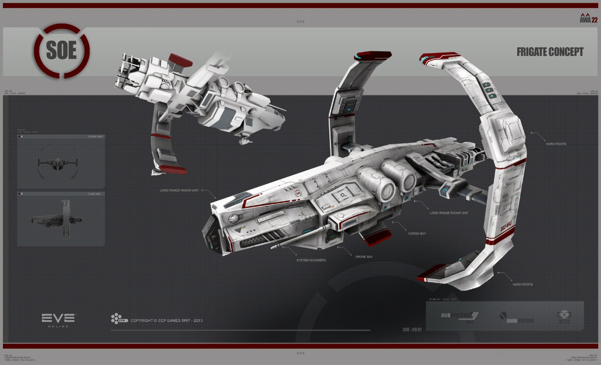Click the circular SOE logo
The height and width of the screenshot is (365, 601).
[62, 50]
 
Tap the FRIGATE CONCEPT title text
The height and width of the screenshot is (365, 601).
[550, 52]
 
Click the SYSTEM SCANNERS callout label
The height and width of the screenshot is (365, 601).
[311, 260]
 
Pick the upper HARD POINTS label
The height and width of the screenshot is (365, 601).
[556, 143]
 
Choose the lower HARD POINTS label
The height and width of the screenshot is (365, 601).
[523, 284]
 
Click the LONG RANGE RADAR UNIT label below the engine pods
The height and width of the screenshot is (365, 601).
[449, 212]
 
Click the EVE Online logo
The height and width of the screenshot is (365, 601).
[58, 320]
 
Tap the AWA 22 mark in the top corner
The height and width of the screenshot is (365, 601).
[589, 18]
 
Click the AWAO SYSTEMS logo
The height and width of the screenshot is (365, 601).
[516, 318]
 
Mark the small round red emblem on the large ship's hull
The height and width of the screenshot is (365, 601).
[298, 193]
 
